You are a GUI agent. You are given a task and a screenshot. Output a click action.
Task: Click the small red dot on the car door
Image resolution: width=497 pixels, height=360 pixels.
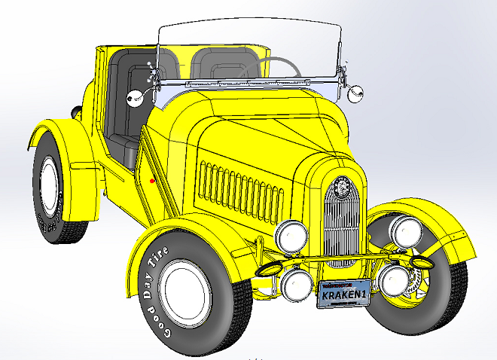pyautogui.click(x=153, y=181)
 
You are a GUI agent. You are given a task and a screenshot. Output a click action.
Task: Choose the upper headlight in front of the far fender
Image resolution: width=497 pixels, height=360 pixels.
pyautogui.click(x=406, y=230)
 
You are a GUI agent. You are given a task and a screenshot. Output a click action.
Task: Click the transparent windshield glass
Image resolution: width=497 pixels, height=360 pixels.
pyautogui.click(x=248, y=49)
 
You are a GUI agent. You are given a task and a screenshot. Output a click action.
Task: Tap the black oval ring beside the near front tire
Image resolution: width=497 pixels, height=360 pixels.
pyautogui.click(x=268, y=269)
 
